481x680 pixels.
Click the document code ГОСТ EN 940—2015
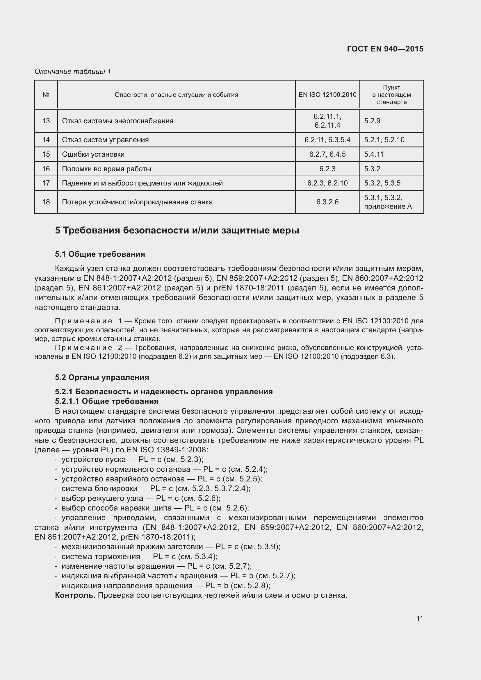(x=385, y=49)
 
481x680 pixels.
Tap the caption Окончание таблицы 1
(x=73, y=72)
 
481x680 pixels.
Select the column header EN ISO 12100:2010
(x=327, y=95)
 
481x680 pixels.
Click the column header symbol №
(x=46, y=95)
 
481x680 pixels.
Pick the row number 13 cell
(x=46, y=121)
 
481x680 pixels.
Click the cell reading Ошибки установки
(x=93, y=154)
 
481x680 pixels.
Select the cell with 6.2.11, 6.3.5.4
(x=327, y=140)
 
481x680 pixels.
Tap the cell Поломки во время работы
(x=107, y=169)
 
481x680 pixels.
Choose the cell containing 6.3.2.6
(x=327, y=202)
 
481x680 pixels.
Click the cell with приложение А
(x=388, y=206)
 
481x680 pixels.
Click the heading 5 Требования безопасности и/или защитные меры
(x=177, y=231)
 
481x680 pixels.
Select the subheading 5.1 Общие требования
(x=100, y=254)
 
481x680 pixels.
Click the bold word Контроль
(x=75, y=595)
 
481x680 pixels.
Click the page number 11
(x=419, y=619)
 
